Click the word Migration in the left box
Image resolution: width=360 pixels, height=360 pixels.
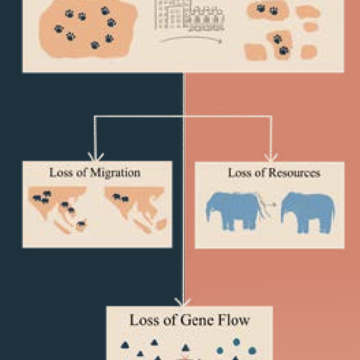tap(115, 173)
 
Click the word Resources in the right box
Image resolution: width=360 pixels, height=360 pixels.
tap(294, 173)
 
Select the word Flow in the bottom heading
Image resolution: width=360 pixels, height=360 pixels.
tap(233, 320)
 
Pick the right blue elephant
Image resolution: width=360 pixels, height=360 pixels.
tap(308, 212)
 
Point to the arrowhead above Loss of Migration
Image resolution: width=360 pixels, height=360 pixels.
tap(96, 157)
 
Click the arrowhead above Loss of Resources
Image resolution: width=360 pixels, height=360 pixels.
tap(271, 158)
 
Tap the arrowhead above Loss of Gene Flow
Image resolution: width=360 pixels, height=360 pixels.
tap(183, 302)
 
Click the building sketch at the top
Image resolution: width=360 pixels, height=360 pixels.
tap(190, 15)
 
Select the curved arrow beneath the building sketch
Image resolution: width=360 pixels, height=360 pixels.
tap(191, 39)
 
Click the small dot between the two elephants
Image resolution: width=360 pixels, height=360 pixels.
tap(274, 204)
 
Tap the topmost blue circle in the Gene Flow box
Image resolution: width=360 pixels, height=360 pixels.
tap(236, 342)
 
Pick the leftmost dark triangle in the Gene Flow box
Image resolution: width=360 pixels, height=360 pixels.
tap(125, 345)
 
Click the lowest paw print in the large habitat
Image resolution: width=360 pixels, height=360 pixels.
tap(95, 45)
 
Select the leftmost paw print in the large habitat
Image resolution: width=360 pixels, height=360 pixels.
tap(59, 29)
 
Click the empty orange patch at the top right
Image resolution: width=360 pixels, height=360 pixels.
tap(308, 12)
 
